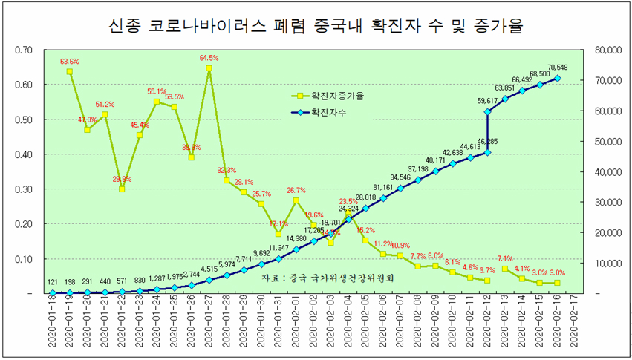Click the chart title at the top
click(316, 27)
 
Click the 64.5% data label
click(209, 57)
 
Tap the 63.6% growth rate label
click(70, 62)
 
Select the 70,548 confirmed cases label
click(558, 67)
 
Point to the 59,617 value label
click(488, 101)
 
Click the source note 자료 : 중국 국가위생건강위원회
click(327, 278)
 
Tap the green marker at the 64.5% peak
click(209, 68)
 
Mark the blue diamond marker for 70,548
click(558, 78)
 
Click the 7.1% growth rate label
click(506, 258)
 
